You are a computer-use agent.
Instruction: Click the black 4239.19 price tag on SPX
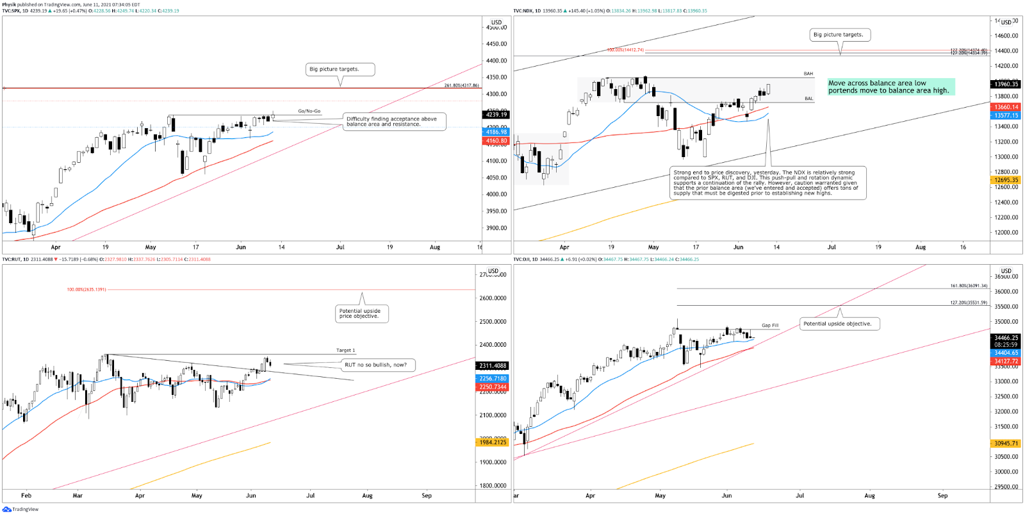point(496,115)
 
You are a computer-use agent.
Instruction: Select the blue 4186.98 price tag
point(496,132)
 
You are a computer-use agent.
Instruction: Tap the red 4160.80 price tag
point(496,140)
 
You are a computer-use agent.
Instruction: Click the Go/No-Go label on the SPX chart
point(309,111)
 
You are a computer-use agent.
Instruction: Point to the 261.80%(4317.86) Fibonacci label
point(461,85)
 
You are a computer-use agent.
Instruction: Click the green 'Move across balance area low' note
point(890,87)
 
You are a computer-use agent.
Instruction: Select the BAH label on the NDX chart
point(808,74)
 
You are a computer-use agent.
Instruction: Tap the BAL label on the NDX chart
point(808,99)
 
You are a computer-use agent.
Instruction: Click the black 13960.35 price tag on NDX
point(1006,84)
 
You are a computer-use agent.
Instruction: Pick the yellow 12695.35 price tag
point(1006,180)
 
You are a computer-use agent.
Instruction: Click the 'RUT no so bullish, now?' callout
point(376,365)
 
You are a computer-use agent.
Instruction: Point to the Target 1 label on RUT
point(345,350)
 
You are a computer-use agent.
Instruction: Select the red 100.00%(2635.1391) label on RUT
point(86,289)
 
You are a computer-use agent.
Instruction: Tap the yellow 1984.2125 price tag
point(493,442)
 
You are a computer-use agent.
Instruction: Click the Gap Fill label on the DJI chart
point(770,325)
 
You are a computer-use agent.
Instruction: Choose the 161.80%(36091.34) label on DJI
point(969,286)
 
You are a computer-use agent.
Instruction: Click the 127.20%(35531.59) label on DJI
point(969,303)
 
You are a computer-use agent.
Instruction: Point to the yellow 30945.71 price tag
point(1006,443)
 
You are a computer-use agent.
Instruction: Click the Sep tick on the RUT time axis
point(427,495)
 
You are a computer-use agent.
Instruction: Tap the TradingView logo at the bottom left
point(20,510)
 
